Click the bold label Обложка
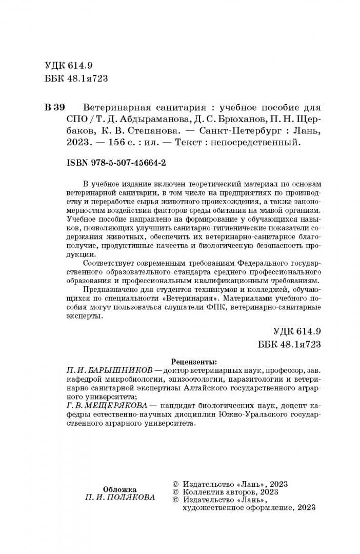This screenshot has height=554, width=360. [x=119, y=489]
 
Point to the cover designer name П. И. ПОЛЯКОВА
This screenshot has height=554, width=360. [x=119, y=498]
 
